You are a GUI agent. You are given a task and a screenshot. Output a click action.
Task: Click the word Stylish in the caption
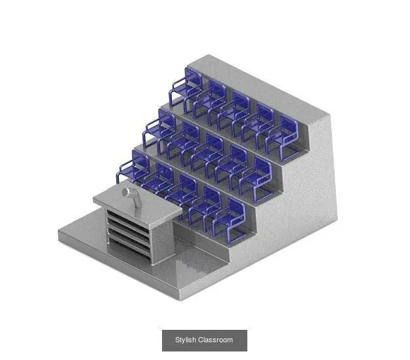click(x=186, y=340)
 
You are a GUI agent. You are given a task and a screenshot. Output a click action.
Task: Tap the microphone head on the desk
click(x=127, y=192)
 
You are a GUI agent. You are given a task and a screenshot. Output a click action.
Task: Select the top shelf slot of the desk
click(x=128, y=219)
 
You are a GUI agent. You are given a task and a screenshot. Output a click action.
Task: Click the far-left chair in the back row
click(x=186, y=89)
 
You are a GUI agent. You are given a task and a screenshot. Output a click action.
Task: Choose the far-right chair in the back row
click(x=282, y=138)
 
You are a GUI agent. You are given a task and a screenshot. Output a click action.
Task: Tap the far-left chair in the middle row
click(x=159, y=130)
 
